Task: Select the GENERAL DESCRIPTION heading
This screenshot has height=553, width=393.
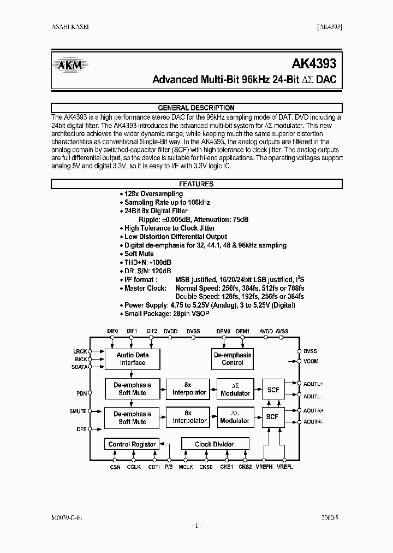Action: [196, 108]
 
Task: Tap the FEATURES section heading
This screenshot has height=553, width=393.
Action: [196, 184]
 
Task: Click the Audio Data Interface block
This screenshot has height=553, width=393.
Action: [133, 358]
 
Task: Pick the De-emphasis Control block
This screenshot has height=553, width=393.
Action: [233, 358]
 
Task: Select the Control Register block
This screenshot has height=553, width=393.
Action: [132, 444]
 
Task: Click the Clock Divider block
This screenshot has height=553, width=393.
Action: [214, 444]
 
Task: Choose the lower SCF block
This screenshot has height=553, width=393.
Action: [272, 417]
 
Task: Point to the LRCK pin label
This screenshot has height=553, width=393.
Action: [80, 351]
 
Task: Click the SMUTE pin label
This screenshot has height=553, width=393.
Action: [79, 411]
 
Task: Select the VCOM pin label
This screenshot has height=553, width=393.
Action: [311, 361]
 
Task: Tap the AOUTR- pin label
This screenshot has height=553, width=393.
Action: [313, 421]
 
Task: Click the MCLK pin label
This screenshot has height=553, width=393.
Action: [186, 467]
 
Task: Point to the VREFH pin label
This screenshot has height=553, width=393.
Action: [264, 467]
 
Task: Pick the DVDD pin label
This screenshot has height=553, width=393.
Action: [171, 331]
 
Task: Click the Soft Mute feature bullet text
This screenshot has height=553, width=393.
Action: [139, 254]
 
